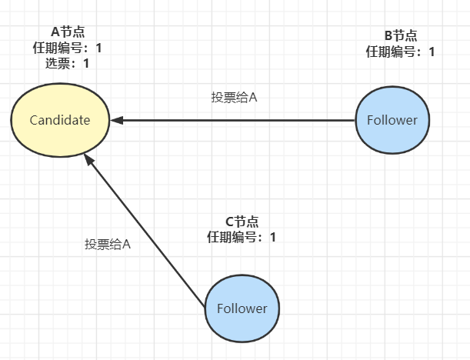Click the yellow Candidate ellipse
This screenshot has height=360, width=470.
point(60,120)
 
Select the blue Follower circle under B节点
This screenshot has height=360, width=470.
point(392,120)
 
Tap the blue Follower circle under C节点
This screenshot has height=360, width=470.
point(242,308)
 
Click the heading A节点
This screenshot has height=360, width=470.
point(68,32)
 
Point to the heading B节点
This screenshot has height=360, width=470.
point(400,35)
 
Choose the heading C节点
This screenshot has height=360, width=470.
point(242,221)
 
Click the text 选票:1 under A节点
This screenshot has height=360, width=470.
point(68,64)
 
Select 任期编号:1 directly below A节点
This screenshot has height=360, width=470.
point(68,48)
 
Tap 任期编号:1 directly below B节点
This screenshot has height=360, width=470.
point(400,52)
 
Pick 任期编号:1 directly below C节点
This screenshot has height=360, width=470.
point(242,237)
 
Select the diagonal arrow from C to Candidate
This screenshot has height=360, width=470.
point(146,231)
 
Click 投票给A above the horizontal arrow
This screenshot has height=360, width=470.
point(234,98)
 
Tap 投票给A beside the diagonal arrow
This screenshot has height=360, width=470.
point(108,244)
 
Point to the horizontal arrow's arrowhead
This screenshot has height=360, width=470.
point(115,120)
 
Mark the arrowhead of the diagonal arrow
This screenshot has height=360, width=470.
point(89,159)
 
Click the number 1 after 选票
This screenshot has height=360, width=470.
point(86,64)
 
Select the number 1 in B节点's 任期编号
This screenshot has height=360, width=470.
point(432,52)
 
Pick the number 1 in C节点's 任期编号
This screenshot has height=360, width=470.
point(273,237)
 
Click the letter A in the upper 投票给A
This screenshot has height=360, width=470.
point(252,98)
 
